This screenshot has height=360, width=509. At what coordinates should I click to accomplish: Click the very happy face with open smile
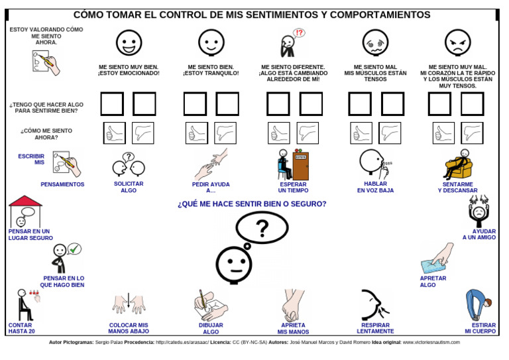(129, 42)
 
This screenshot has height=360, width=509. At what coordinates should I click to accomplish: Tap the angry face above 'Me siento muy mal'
(457, 42)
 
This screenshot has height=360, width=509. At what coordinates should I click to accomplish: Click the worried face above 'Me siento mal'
(375, 42)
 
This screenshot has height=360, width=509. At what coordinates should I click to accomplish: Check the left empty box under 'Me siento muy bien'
(112, 104)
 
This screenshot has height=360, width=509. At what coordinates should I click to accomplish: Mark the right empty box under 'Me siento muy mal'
(473, 104)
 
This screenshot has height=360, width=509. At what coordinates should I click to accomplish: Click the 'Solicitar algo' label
(129, 187)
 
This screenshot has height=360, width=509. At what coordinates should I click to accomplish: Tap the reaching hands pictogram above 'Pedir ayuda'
(211, 164)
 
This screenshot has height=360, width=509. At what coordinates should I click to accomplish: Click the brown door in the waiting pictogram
(301, 165)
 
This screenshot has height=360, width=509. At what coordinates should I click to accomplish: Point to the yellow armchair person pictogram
(457, 164)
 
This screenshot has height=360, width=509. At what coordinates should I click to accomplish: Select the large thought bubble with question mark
(262, 228)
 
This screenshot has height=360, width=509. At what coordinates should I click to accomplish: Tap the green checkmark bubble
(74, 249)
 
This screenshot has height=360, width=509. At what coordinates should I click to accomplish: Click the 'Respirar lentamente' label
(375, 328)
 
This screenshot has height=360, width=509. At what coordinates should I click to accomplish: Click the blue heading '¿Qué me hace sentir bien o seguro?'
(252, 204)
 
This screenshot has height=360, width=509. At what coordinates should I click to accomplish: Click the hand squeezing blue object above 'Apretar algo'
(437, 259)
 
